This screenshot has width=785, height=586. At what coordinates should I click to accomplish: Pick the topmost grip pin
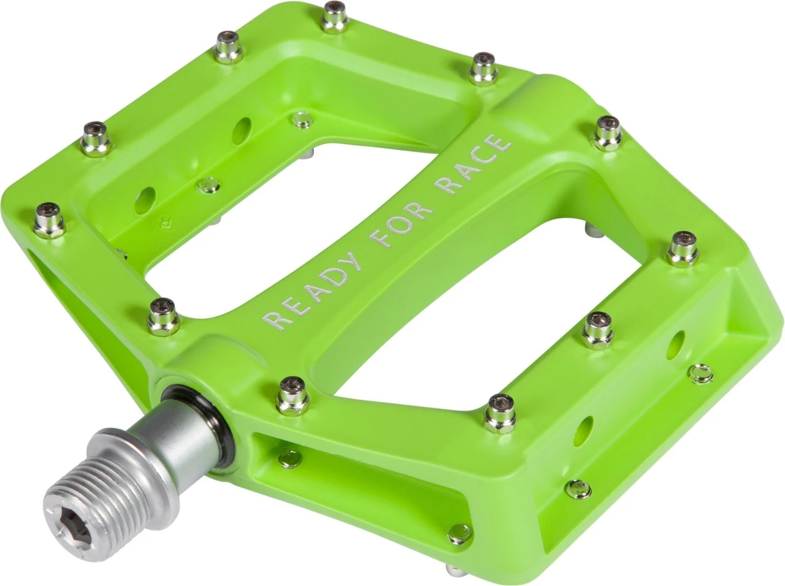(334, 15)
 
